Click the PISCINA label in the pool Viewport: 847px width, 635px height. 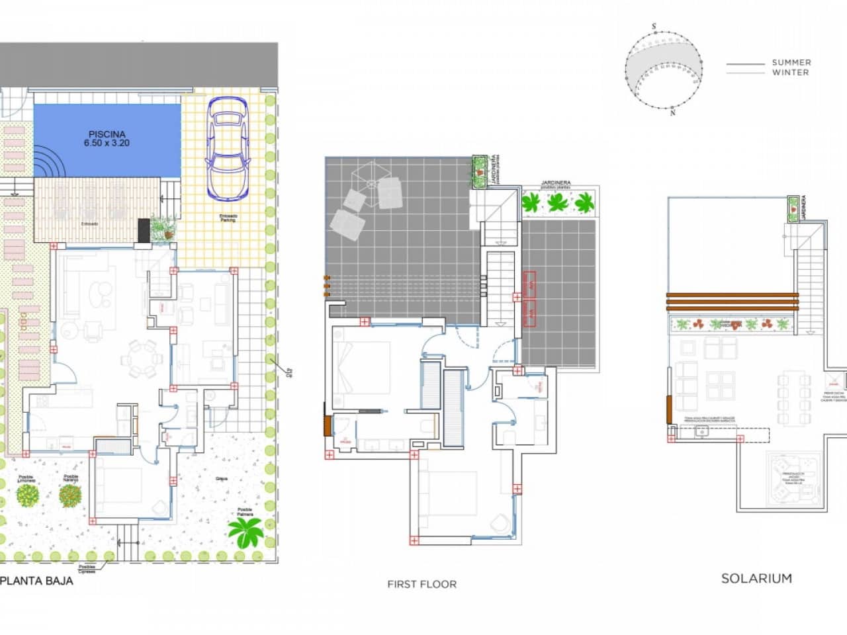(107, 134)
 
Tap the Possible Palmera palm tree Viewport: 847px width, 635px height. (246, 531)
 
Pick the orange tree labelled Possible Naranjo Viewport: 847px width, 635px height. (70, 495)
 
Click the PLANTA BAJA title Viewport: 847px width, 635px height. (36, 581)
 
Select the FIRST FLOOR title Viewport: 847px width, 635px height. (422, 584)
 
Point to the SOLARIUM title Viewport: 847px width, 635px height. (756, 578)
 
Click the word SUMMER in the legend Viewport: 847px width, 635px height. (791, 63)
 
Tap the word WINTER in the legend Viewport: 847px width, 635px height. (790, 73)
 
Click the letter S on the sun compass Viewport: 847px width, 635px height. (654, 26)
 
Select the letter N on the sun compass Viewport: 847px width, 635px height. (672, 113)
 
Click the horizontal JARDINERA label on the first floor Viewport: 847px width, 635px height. (555, 183)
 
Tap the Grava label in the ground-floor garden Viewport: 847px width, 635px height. (221, 478)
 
